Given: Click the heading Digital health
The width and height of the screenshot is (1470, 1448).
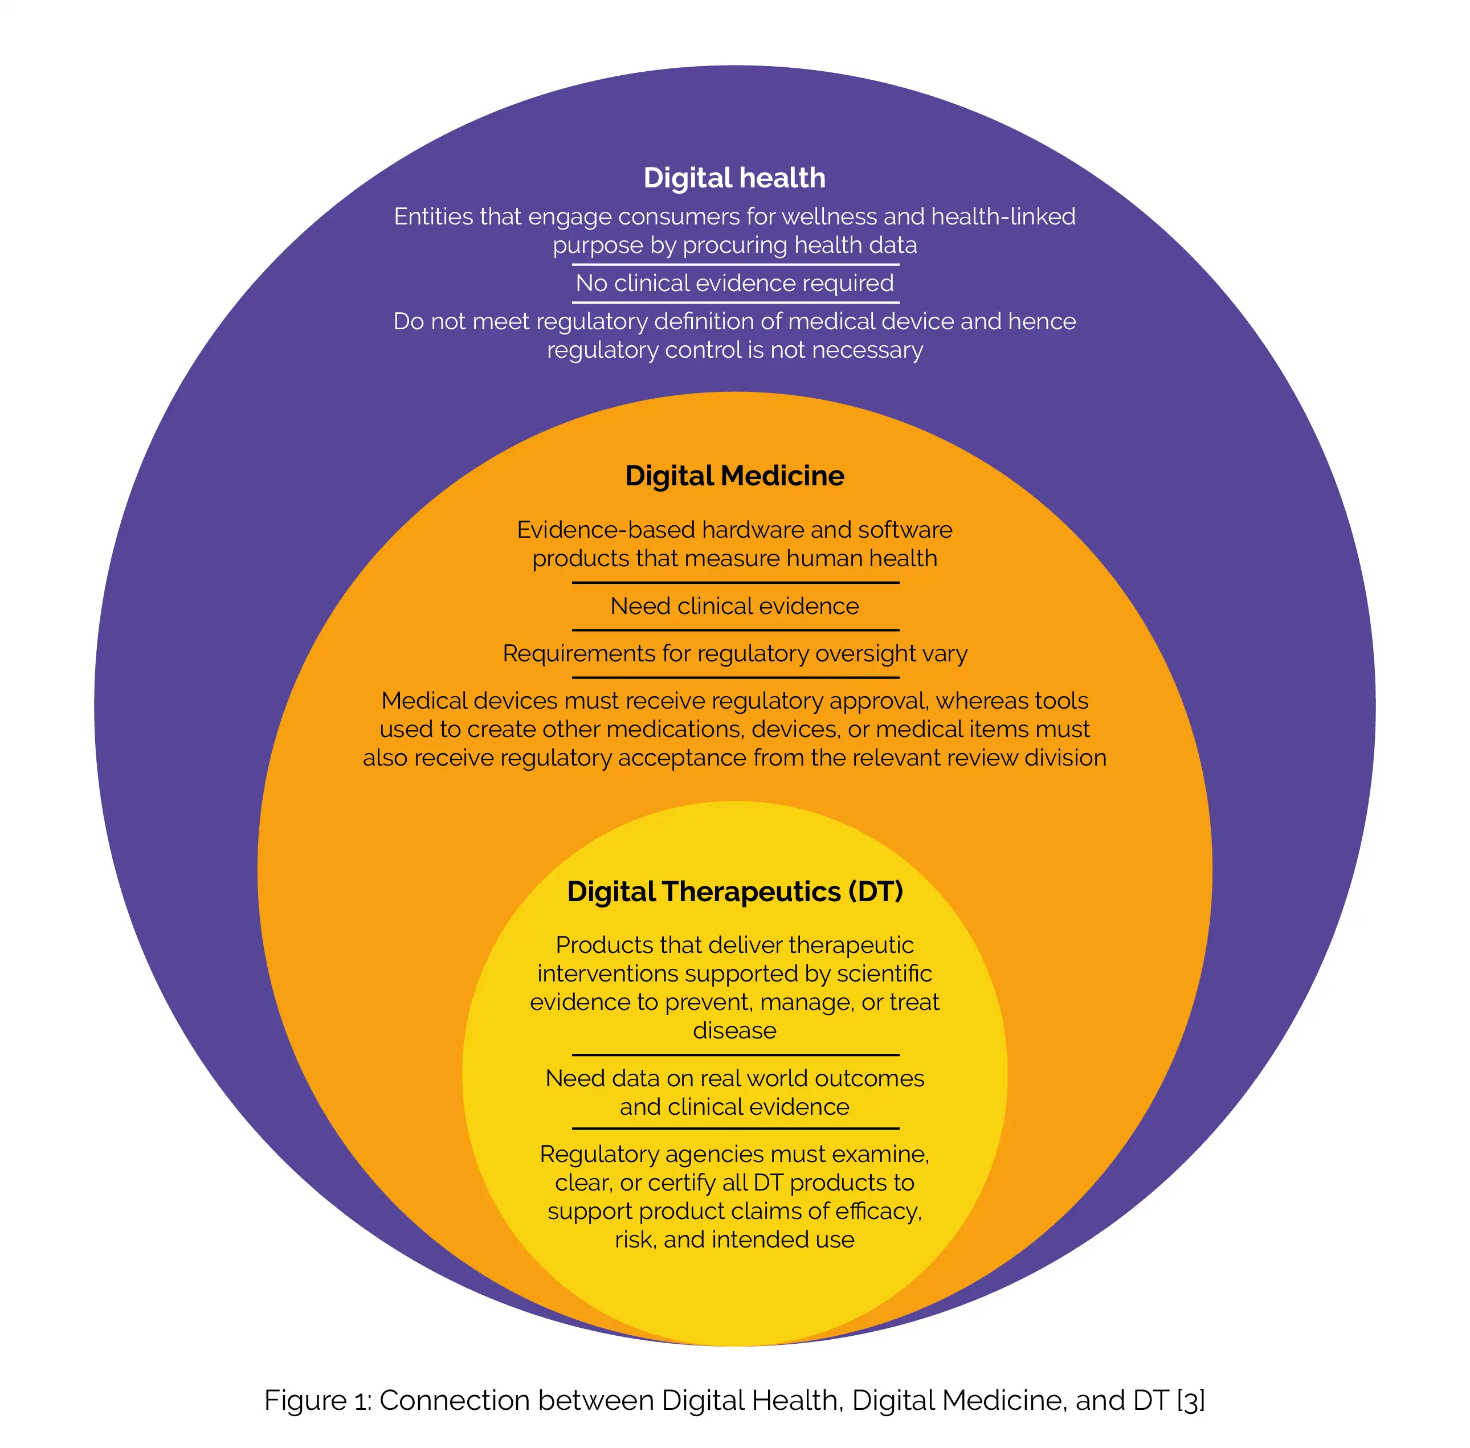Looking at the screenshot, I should pyautogui.click(x=734, y=178).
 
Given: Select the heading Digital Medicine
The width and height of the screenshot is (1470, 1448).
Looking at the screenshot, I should pyautogui.click(x=734, y=476).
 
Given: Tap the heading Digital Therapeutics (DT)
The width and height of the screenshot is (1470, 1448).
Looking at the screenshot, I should pyautogui.click(x=734, y=891).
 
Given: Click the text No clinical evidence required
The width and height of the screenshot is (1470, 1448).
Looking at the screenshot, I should pyautogui.click(x=734, y=283).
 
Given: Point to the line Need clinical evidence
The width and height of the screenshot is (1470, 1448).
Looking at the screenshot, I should pyautogui.click(x=734, y=606).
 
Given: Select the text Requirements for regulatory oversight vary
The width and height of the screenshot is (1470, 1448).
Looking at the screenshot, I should pyautogui.click(x=734, y=653).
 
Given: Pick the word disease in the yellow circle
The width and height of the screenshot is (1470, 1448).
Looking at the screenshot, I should pyautogui.click(x=734, y=1030).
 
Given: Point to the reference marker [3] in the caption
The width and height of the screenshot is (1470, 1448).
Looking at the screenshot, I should pyautogui.click(x=1190, y=1400).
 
